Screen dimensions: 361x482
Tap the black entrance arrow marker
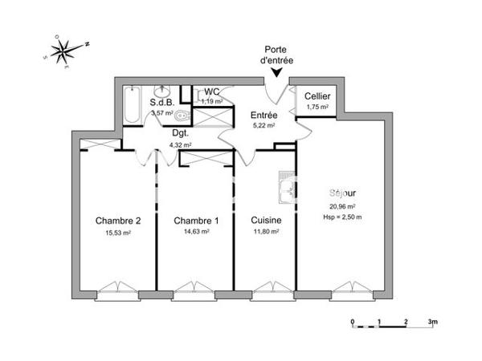click(277, 73)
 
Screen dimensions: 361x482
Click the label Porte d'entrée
click(277, 55)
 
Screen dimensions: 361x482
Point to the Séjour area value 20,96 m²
click(345, 205)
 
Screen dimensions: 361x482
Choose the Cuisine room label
click(265, 221)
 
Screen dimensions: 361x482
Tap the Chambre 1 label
click(196, 221)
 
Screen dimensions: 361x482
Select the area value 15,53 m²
click(118, 233)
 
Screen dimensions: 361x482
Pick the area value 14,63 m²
click(196, 232)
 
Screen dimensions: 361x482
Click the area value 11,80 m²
click(265, 232)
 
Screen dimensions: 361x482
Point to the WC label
click(213, 91)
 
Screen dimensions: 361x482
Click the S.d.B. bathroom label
click(163, 103)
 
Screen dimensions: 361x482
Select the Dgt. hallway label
click(179, 134)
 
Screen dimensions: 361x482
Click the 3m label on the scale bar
click(431, 322)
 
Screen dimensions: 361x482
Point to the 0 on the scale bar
click(353, 322)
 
